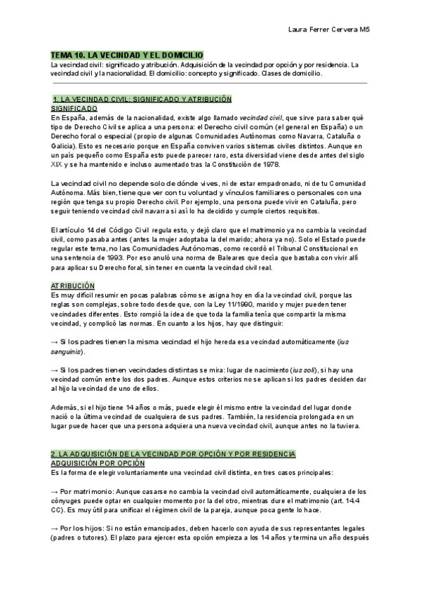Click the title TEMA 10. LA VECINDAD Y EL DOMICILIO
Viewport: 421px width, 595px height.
[x=127, y=54]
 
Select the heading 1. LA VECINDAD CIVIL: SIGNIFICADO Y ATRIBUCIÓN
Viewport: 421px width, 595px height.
[x=142, y=100]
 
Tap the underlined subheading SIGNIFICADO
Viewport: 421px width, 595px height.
[x=74, y=109]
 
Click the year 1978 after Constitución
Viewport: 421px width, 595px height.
[x=264, y=164]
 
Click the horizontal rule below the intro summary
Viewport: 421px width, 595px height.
[x=210, y=83]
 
